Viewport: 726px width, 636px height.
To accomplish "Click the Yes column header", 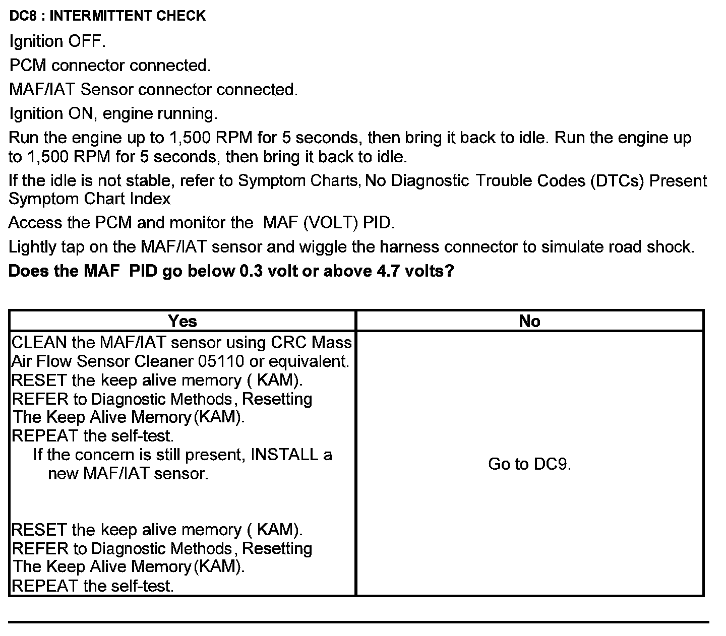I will click(183, 321).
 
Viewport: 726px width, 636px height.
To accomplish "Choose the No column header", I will click(529, 321).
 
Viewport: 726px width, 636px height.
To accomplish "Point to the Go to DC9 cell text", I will click(529, 464).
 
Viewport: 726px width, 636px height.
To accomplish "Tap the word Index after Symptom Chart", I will click(150, 199).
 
